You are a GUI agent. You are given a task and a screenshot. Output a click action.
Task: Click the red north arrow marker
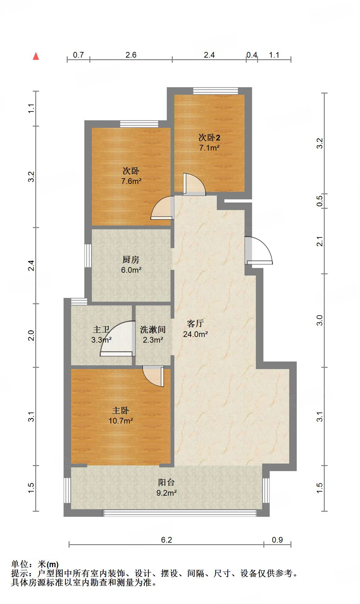(x=36, y=56)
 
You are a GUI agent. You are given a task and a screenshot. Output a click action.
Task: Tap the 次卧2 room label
(x=209, y=138)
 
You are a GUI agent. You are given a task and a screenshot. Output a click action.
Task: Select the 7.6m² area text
(x=131, y=181)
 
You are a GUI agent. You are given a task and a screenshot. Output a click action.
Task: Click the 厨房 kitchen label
(x=131, y=260)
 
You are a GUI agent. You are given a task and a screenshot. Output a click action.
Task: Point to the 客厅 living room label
(x=195, y=323)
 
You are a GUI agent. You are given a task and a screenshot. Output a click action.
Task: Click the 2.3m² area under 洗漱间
(x=153, y=340)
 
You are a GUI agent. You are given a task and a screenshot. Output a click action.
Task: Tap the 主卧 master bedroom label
(x=121, y=411)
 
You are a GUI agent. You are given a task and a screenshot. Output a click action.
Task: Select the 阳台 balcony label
(x=166, y=482)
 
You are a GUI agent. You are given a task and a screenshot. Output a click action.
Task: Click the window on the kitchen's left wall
(x=88, y=255)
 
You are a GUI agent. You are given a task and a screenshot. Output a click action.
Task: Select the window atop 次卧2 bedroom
(x=216, y=91)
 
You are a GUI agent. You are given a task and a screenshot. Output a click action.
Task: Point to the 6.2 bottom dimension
(x=166, y=540)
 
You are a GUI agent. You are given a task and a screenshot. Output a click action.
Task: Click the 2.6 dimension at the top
(x=131, y=55)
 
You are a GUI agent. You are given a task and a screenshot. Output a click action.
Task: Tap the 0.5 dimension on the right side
(x=319, y=201)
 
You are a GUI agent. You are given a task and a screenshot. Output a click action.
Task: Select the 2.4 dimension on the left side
(x=31, y=265)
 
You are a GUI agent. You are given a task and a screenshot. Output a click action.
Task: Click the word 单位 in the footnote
(x=20, y=564)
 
